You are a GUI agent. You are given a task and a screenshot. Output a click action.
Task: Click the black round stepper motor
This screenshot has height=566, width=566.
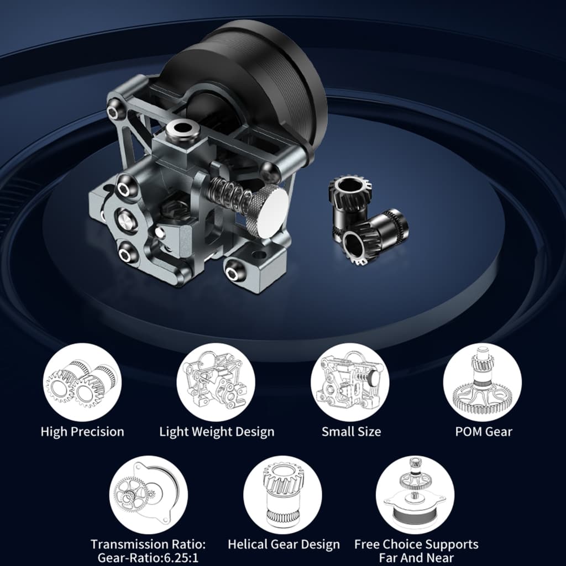(x=249, y=83)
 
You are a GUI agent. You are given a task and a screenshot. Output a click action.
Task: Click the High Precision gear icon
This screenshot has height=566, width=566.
(x=82, y=382)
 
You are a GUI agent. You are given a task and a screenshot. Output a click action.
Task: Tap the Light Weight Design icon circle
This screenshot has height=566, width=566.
(x=216, y=382)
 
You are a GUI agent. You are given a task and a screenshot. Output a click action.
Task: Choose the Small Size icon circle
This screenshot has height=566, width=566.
(x=350, y=382)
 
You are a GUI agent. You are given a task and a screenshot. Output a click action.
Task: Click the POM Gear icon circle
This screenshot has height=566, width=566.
(x=483, y=382)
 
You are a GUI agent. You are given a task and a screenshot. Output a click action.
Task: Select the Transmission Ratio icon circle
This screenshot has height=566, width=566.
(x=149, y=495)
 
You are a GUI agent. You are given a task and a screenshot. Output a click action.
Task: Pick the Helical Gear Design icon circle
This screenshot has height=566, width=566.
(x=282, y=495)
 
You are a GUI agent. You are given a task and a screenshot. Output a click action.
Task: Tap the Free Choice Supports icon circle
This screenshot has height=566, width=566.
(x=415, y=495)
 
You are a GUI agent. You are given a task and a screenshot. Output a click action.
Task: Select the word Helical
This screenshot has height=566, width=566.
(x=248, y=544)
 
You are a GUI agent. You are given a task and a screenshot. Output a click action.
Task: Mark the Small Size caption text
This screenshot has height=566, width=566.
(x=351, y=432)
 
